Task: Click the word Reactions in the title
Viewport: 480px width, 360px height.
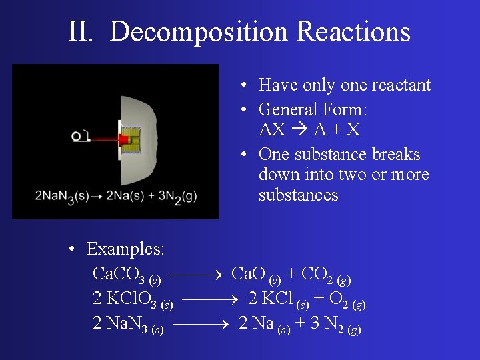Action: (x=353, y=31)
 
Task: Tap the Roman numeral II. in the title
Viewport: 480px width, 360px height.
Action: (x=84, y=31)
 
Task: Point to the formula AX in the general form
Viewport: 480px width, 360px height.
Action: (x=271, y=129)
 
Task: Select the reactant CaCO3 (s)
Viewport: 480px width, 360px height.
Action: (x=126, y=275)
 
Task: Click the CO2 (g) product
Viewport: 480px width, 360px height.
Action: (x=326, y=275)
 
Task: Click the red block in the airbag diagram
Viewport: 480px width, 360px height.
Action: (x=123, y=139)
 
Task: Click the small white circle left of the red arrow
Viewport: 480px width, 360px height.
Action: (x=77, y=136)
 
